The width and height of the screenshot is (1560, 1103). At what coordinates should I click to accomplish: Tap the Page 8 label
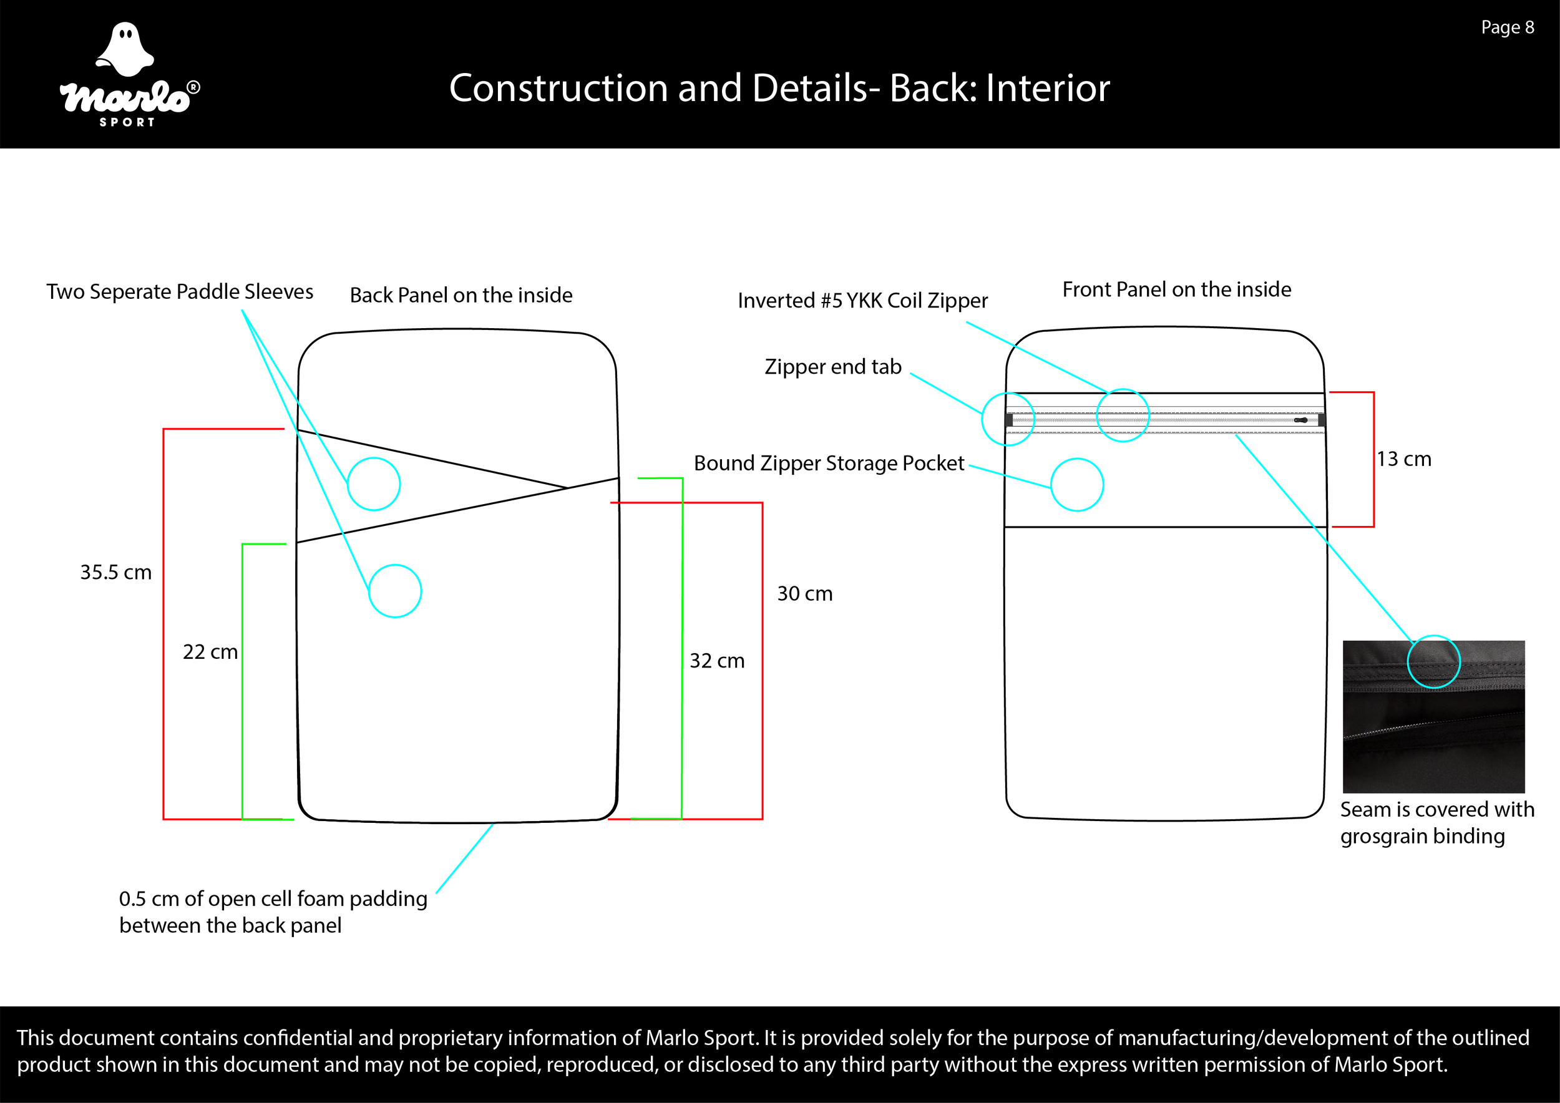pyautogui.click(x=1507, y=27)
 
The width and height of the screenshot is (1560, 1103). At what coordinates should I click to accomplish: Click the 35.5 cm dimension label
pyautogui.click(x=115, y=572)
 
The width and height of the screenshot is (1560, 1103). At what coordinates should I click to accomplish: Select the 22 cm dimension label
pyautogui.click(x=210, y=651)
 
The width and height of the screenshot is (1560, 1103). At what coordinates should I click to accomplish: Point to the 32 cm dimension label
pyautogui.click(x=717, y=660)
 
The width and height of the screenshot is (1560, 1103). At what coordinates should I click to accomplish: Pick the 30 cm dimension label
pyautogui.click(x=804, y=593)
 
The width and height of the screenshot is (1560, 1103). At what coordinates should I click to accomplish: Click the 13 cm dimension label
pyautogui.click(x=1404, y=459)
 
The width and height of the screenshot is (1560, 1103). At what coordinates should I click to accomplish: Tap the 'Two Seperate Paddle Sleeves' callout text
pyautogui.click(x=179, y=291)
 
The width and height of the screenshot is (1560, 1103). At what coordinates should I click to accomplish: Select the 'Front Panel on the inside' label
pyautogui.click(x=1176, y=289)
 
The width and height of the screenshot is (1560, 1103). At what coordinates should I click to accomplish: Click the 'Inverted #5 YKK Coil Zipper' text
pyautogui.click(x=862, y=300)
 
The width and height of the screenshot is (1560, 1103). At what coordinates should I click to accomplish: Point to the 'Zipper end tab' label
pyautogui.click(x=832, y=366)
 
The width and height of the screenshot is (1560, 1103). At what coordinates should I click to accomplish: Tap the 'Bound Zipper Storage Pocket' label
pyautogui.click(x=828, y=462)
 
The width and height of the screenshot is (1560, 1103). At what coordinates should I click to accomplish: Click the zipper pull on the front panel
pyautogui.click(x=1300, y=420)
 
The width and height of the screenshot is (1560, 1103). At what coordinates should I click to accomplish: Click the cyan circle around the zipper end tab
pyautogui.click(x=1008, y=419)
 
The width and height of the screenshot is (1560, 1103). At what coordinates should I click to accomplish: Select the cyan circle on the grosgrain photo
pyautogui.click(x=1433, y=661)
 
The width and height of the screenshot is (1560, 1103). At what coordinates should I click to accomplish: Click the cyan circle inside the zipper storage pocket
pyautogui.click(x=1077, y=485)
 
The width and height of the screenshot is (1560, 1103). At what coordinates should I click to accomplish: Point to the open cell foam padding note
pyautogui.click(x=273, y=911)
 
